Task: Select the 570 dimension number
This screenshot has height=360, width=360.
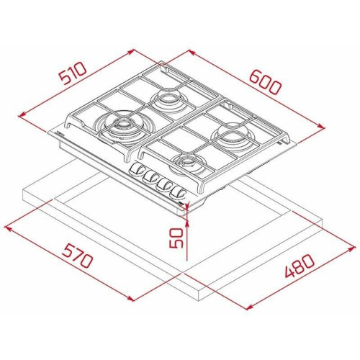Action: [77, 256]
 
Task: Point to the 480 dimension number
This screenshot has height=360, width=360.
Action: [300, 266]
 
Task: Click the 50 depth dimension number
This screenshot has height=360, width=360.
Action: [176, 238]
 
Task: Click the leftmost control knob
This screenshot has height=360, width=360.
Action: [135, 168]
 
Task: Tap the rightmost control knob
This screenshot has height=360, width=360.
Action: [177, 193]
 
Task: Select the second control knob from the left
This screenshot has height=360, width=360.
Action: [150, 176]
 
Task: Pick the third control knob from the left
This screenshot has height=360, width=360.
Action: [163, 184]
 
